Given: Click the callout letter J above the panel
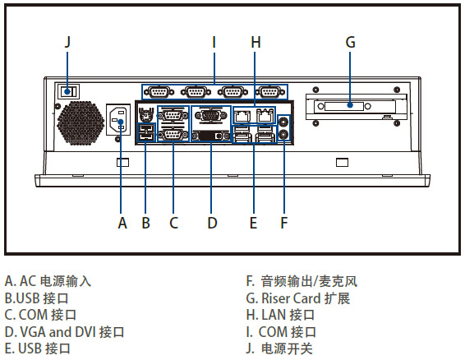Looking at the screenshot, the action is pos(68,42).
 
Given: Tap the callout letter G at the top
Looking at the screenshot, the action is pos(350,42).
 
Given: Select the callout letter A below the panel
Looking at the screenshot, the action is pos(122,223).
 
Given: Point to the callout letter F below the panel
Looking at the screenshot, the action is pos(283,223).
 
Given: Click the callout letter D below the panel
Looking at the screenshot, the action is pos(212,223).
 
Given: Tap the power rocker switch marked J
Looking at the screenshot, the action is pos(68,91).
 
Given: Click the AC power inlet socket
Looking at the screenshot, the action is pos(118,119).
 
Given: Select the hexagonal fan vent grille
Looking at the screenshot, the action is pos(81,122).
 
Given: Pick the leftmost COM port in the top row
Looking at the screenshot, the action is pos(159,92).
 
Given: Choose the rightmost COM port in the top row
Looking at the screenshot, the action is pos(269,92).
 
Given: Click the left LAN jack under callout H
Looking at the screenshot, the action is pos(242,115).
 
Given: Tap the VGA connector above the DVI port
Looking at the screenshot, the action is pos(211,115).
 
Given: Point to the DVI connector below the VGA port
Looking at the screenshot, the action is pos(211,136).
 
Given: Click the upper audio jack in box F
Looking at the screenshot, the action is pos(283,121).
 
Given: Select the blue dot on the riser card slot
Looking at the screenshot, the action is pos(350,105).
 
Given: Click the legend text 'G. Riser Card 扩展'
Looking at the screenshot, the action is pos(298,298).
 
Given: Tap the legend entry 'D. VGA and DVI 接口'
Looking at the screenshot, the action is pos(64,332).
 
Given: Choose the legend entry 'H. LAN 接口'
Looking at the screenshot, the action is pos(280,315).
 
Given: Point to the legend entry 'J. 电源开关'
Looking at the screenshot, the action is pos(279,348).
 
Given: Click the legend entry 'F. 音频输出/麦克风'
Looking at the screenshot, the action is pos(302,281).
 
